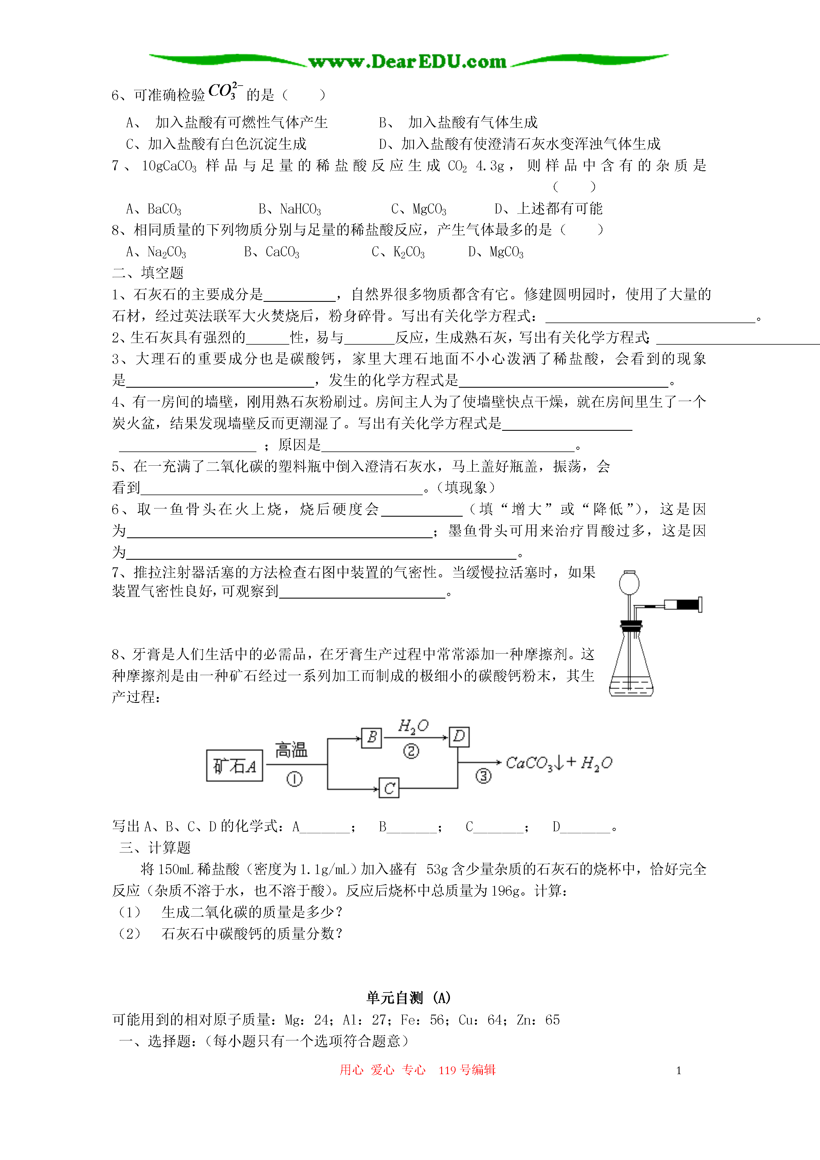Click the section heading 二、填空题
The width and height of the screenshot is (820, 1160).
(x=148, y=273)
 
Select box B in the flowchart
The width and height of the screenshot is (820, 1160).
(x=372, y=738)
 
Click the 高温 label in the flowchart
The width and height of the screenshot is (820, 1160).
(x=291, y=750)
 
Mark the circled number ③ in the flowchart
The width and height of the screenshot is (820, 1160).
(x=483, y=775)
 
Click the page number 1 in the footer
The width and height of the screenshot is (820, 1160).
(x=679, y=1070)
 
